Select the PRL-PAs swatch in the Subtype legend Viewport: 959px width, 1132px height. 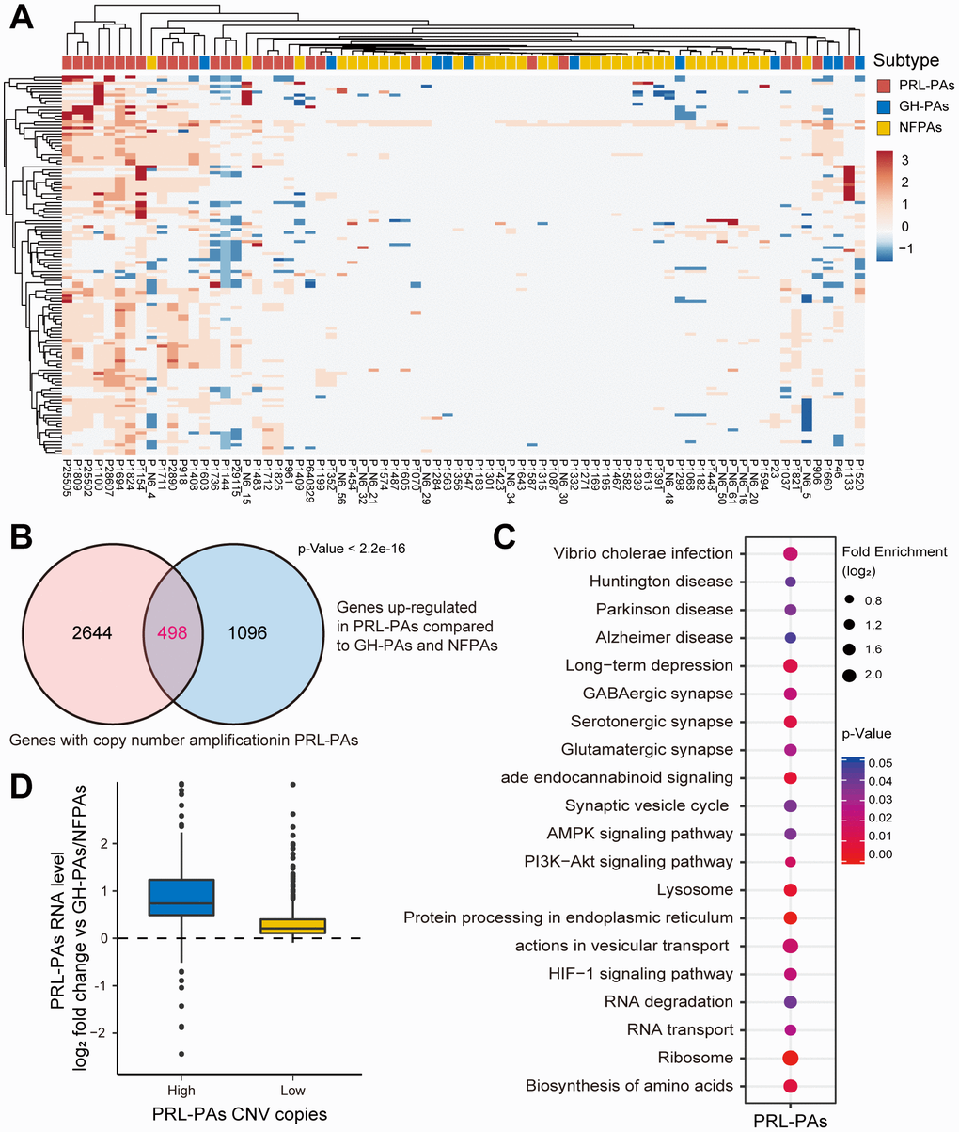[x=880, y=85]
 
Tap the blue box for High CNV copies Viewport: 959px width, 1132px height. [x=181, y=897]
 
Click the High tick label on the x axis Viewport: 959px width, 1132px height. [x=181, y=1091]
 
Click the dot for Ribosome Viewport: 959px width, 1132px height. [x=790, y=1058]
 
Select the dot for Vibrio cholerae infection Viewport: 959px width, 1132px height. [x=790, y=554]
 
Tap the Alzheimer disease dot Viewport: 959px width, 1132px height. [x=790, y=638]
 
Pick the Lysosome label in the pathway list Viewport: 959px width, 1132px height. [x=698, y=889]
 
